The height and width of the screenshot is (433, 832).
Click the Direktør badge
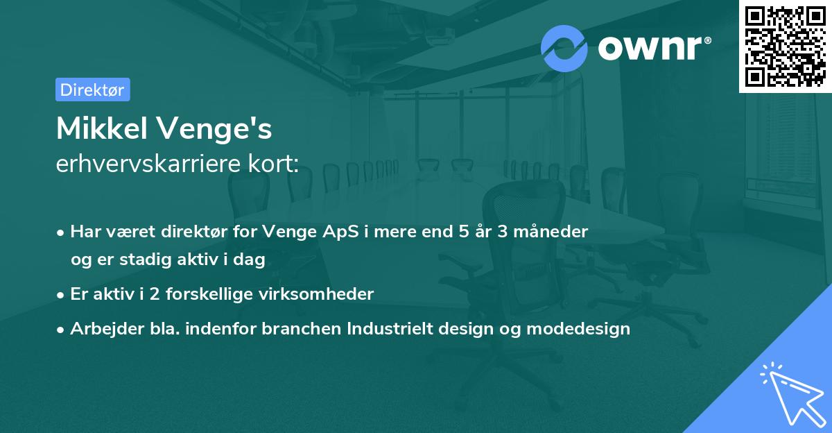coord(92,90)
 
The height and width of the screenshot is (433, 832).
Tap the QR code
coord(785,46)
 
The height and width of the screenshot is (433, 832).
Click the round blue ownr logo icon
coord(564,48)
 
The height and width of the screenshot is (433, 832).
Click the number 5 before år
coord(463,232)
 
